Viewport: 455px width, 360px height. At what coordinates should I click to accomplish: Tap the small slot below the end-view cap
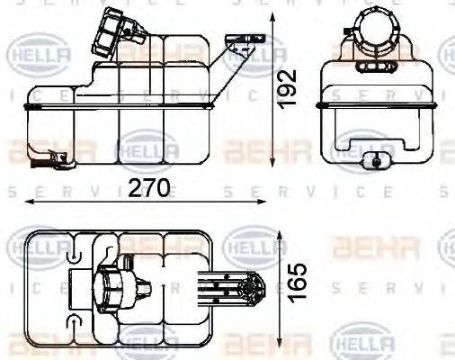pos(372,67)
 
